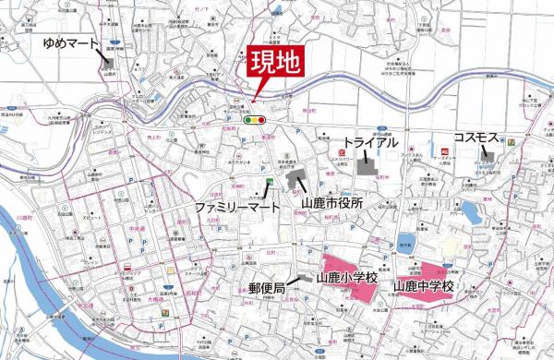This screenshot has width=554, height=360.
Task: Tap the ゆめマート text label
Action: [x=70, y=42]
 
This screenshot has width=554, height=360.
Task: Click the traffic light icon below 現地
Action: [x=253, y=119]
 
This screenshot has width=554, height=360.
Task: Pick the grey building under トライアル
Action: [x=366, y=165]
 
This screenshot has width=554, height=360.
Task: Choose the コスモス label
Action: [x=476, y=138]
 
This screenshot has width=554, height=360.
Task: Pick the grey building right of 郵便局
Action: [x=301, y=281]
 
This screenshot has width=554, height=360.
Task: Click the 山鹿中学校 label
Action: [x=424, y=287]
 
